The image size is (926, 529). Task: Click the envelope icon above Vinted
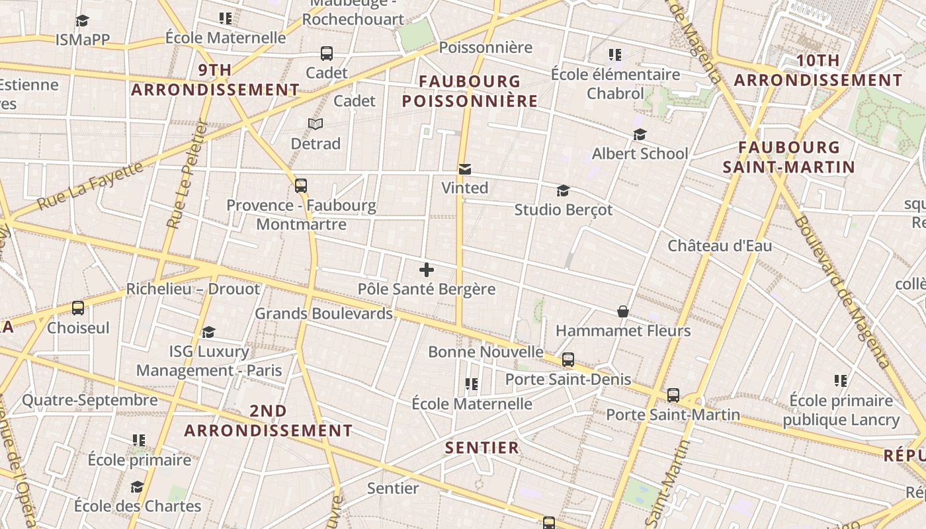tap(465, 169)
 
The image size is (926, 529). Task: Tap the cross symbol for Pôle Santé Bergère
tap(427, 270)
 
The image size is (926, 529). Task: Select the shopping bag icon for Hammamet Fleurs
tap(622, 311)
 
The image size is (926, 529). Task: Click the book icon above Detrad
tap(316, 124)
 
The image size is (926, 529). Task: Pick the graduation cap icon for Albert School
tap(640, 135)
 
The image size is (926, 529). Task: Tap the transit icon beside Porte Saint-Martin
tap(673, 395)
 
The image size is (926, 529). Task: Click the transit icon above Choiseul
tap(78, 308)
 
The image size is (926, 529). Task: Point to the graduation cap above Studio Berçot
tap(563, 191)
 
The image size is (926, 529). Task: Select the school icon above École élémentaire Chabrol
tap(615, 55)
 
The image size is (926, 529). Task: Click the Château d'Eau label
tap(720, 246)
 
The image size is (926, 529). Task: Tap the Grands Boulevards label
tap(323, 313)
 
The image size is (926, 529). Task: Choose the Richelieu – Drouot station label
tap(193, 289)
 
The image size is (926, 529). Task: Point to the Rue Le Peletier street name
tap(188, 175)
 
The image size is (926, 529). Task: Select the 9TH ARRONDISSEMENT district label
tap(215, 79)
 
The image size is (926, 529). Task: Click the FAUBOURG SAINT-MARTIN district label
tap(789, 157)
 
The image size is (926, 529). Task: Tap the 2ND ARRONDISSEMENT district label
tap(268, 421)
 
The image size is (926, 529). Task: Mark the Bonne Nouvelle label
tap(485, 352)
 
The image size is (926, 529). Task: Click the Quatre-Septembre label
tap(90, 400)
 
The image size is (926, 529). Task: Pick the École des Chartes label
tap(138, 507)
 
